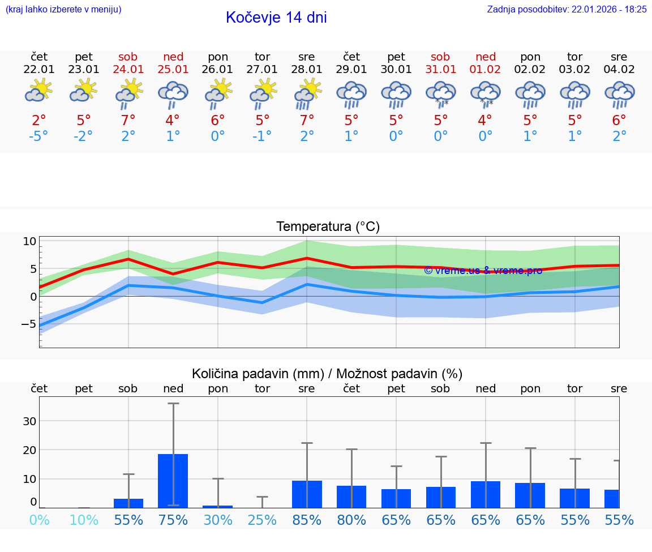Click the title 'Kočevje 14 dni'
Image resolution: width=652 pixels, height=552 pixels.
(x=276, y=18)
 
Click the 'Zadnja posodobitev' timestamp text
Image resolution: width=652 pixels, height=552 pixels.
(x=567, y=9)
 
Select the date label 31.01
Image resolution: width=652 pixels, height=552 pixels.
(x=440, y=70)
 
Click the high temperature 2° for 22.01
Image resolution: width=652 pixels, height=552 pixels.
(x=39, y=120)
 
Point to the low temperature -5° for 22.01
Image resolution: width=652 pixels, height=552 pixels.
(x=39, y=136)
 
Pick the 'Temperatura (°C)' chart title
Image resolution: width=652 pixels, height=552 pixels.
(x=328, y=227)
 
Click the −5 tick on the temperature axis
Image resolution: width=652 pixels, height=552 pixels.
(x=29, y=324)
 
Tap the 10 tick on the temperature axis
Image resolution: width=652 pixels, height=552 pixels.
(x=30, y=241)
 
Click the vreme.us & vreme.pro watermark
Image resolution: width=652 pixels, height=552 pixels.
(x=483, y=271)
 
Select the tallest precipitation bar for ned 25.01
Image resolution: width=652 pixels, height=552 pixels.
(x=173, y=480)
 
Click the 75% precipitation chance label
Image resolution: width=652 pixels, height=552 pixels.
(x=173, y=520)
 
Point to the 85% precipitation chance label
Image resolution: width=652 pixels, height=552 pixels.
(x=307, y=520)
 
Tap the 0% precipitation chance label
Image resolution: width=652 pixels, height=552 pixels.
(x=39, y=520)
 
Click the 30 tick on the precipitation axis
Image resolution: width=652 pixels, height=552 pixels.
(x=29, y=421)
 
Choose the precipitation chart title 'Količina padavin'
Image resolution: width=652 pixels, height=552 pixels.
(x=327, y=374)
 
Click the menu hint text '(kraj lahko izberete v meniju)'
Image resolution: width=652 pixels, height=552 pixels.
(x=63, y=9)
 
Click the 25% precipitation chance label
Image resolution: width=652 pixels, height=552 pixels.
(x=262, y=520)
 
